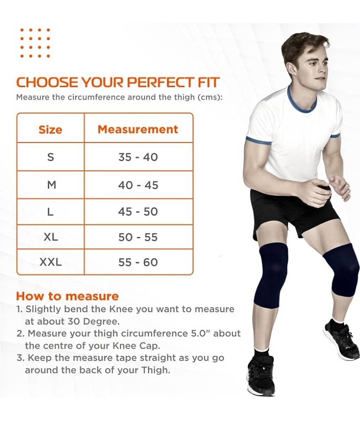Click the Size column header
point(50,129)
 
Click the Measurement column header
point(138,129)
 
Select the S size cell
point(50,157)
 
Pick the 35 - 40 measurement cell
point(138,157)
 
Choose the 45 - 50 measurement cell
point(138,212)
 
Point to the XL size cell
point(51,237)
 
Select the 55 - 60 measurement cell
point(138,262)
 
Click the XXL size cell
point(51,262)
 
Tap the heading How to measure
point(67,296)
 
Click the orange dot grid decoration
point(35,43)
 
